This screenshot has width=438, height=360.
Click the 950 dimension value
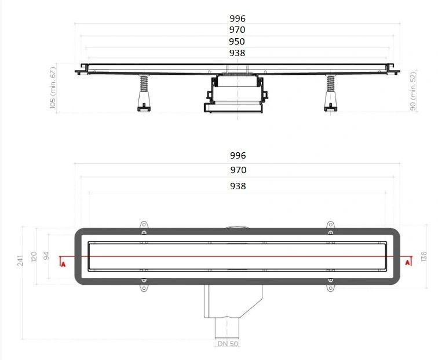pyautogui.click(x=237, y=41)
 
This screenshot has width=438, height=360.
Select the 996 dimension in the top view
pyautogui.click(x=238, y=19)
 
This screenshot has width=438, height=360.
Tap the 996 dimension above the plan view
pyautogui.click(x=238, y=156)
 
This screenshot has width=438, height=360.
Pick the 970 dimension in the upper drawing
pyautogui.click(x=237, y=30)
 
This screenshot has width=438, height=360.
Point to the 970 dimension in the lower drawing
pyautogui.click(x=238, y=170)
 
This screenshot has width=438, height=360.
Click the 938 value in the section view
pyautogui.click(x=237, y=53)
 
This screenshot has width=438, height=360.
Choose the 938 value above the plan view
pyautogui.click(x=238, y=186)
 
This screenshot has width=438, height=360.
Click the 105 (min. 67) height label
pyautogui.click(x=53, y=87)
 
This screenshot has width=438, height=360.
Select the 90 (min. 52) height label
pyautogui.click(x=413, y=91)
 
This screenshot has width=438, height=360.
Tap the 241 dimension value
pyautogui.click(x=20, y=260)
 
